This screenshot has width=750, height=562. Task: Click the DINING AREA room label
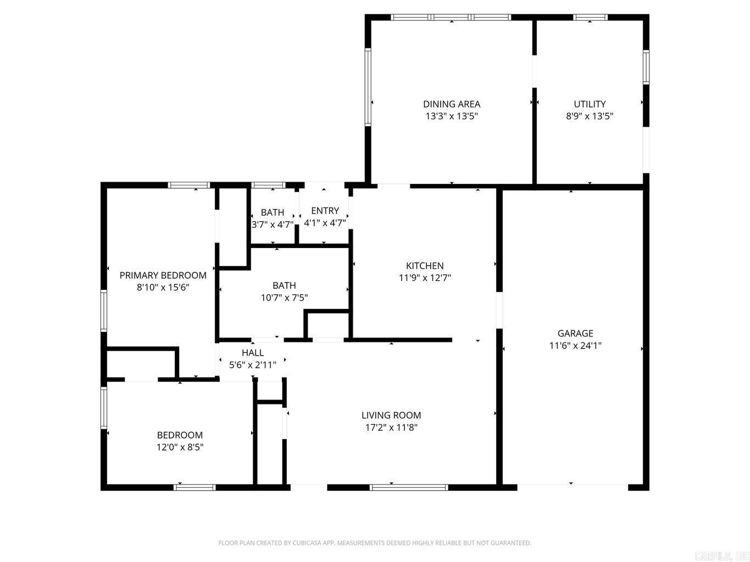[x=451, y=104]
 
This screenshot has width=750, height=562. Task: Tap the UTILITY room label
[x=590, y=104]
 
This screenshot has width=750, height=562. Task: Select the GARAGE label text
[x=575, y=333]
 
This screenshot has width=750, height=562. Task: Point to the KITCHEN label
[x=424, y=266]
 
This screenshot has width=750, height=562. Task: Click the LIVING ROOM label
[x=391, y=415]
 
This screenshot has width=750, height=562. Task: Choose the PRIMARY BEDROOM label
[x=163, y=275]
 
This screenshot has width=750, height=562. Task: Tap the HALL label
[x=252, y=352]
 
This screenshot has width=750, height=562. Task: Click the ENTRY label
[x=325, y=211]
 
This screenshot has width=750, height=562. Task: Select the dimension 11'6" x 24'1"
[x=575, y=346]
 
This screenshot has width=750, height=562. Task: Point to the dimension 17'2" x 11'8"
[x=391, y=428]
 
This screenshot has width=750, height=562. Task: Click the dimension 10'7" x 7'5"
[x=284, y=297]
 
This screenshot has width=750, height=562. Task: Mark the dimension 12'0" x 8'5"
[x=180, y=447]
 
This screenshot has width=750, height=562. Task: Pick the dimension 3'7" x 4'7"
[x=273, y=224]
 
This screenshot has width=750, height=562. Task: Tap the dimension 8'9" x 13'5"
[x=590, y=116]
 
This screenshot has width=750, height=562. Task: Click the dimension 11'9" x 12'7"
[x=424, y=278]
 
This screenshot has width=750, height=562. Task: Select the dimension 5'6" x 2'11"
[x=252, y=364]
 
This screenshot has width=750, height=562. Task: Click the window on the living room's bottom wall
[x=409, y=487]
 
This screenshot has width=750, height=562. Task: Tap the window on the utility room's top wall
[x=590, y=18]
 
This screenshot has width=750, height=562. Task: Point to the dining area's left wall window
[x=368, y=87]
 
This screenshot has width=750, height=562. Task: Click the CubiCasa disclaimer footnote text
[x=375, y=543]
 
